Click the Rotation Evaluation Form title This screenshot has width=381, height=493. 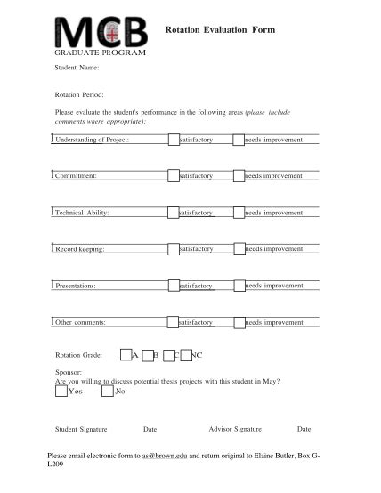tap(221, 29)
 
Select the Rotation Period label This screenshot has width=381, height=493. tap(79, 93)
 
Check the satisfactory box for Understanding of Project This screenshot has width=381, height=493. tap(173, 140)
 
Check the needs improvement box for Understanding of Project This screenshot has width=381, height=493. tap(238, 140)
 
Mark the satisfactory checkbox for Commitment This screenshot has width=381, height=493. tap(173, 175)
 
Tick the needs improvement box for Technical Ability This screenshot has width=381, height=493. tap(238, 213)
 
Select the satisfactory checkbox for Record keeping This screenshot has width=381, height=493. tap(173, 248)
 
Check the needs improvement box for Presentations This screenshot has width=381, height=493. tap(238, 285)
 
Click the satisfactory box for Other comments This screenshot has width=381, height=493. tap(173, 321)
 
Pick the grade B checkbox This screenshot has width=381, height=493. tap(148, 355)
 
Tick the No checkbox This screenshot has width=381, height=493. tap(108, 392)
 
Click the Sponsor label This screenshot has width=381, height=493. tap(69, 373)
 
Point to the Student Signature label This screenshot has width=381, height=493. tap(81, 429)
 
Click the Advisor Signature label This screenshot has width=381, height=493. tap(234, 429)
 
